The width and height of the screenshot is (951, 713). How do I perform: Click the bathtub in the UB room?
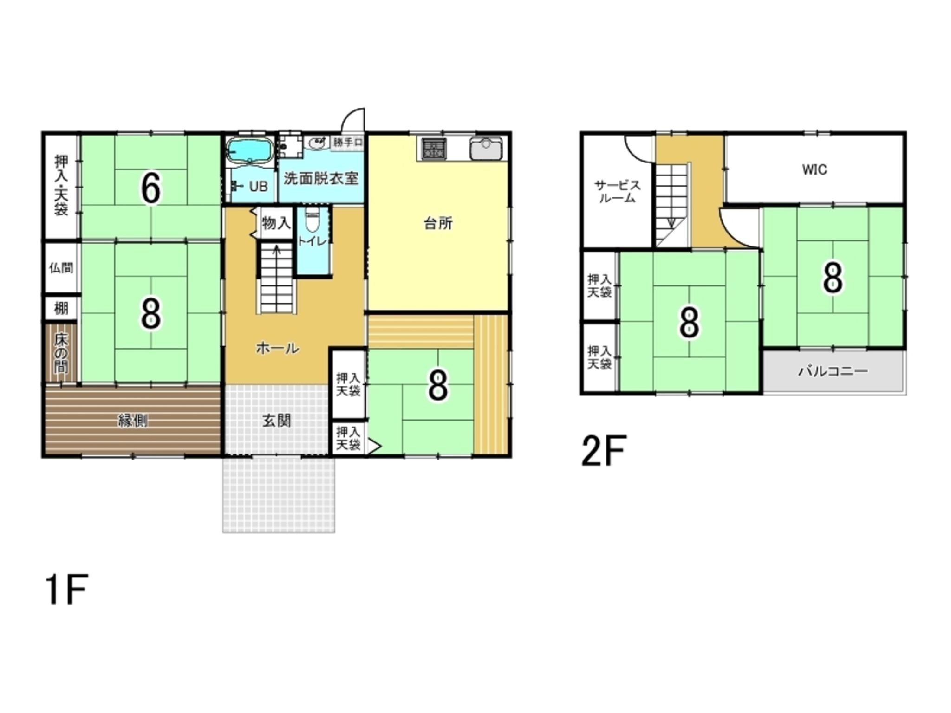(250, 151)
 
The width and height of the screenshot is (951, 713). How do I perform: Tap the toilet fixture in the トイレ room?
(312, 222)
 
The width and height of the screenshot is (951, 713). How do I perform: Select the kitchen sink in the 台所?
(486, 149)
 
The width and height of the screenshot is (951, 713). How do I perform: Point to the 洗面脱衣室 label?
(321, 178)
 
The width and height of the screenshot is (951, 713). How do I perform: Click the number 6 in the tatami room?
(151, 188)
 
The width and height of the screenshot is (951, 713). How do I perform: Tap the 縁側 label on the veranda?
(133, 421)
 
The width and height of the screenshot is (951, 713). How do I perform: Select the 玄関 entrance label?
(277, 421)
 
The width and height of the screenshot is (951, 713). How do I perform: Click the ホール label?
(277, 348)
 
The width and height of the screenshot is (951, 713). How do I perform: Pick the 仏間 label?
(61, 268)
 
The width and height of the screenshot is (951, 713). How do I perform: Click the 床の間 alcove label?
(61, 353)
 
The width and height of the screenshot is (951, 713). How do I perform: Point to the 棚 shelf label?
(61, 309)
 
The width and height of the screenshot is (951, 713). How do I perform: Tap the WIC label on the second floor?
(814, 169)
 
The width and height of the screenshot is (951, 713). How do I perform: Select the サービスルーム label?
(618, 191)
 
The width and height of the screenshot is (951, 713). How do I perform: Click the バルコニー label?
(833, 371)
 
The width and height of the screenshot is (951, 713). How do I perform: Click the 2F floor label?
(604, 450)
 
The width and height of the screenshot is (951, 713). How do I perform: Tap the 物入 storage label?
(276, 223)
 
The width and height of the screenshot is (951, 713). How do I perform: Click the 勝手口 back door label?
(347, 142)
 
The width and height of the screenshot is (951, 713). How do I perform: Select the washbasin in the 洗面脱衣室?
(318, 143)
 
